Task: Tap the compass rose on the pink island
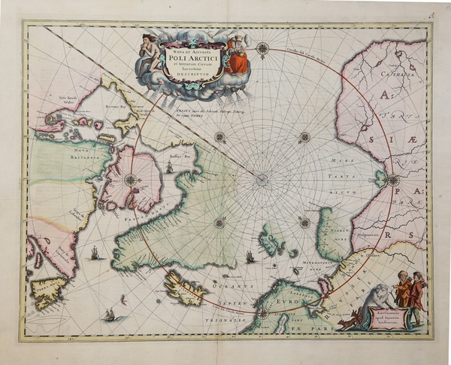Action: [x=130, y=179]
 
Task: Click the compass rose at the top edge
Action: [x=262, y=50]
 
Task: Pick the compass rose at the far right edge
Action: [x=393, y=180]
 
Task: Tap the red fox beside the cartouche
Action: [x=348, y=322]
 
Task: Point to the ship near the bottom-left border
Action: [x=110, y=314]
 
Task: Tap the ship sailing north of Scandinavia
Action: [x=250, y=257]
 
